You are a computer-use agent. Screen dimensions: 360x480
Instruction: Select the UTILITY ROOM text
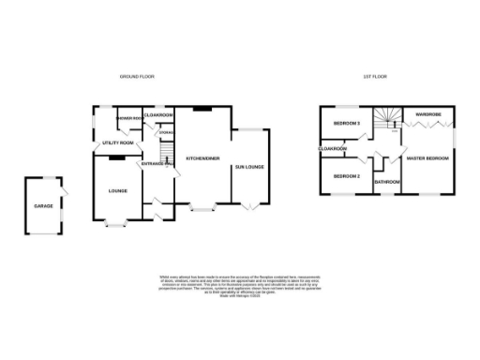coord(118,142)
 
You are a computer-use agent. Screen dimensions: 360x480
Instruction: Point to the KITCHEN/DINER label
coord(202,158)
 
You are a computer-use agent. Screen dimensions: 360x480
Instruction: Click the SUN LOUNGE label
coord(249,168)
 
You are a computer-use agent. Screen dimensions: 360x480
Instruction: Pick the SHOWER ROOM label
coord(128,118)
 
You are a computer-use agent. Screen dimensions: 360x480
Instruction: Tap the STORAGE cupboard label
coord(166,133)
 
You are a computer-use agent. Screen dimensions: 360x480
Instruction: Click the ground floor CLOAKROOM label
coord(158,114)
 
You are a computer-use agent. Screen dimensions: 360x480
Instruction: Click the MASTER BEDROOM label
coord(427,158)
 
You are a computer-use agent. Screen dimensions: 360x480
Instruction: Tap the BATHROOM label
coord(387,181)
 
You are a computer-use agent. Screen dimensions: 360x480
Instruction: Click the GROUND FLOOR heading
coord(136,76)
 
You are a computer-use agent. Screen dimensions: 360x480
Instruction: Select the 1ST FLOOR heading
coord(375,76)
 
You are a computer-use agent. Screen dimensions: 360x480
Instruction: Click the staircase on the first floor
coord(385,119)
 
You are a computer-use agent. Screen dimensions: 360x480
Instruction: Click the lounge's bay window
coord(118,223)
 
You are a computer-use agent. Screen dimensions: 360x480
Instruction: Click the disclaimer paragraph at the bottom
coord(240,285)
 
